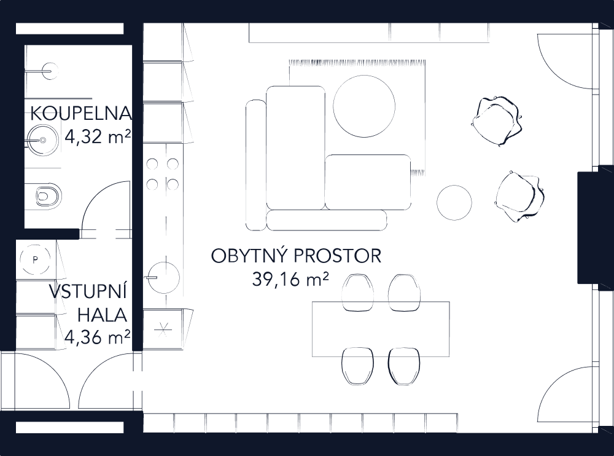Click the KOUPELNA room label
tap(80, 114)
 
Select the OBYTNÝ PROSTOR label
tap(296, 256)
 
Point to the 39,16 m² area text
tap(290, 280)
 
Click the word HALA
tap(102, 315)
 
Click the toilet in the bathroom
tap(47, 196)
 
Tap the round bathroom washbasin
tap(41, 139)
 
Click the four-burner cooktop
tap(163, 174)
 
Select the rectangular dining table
tap(381, 329)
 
